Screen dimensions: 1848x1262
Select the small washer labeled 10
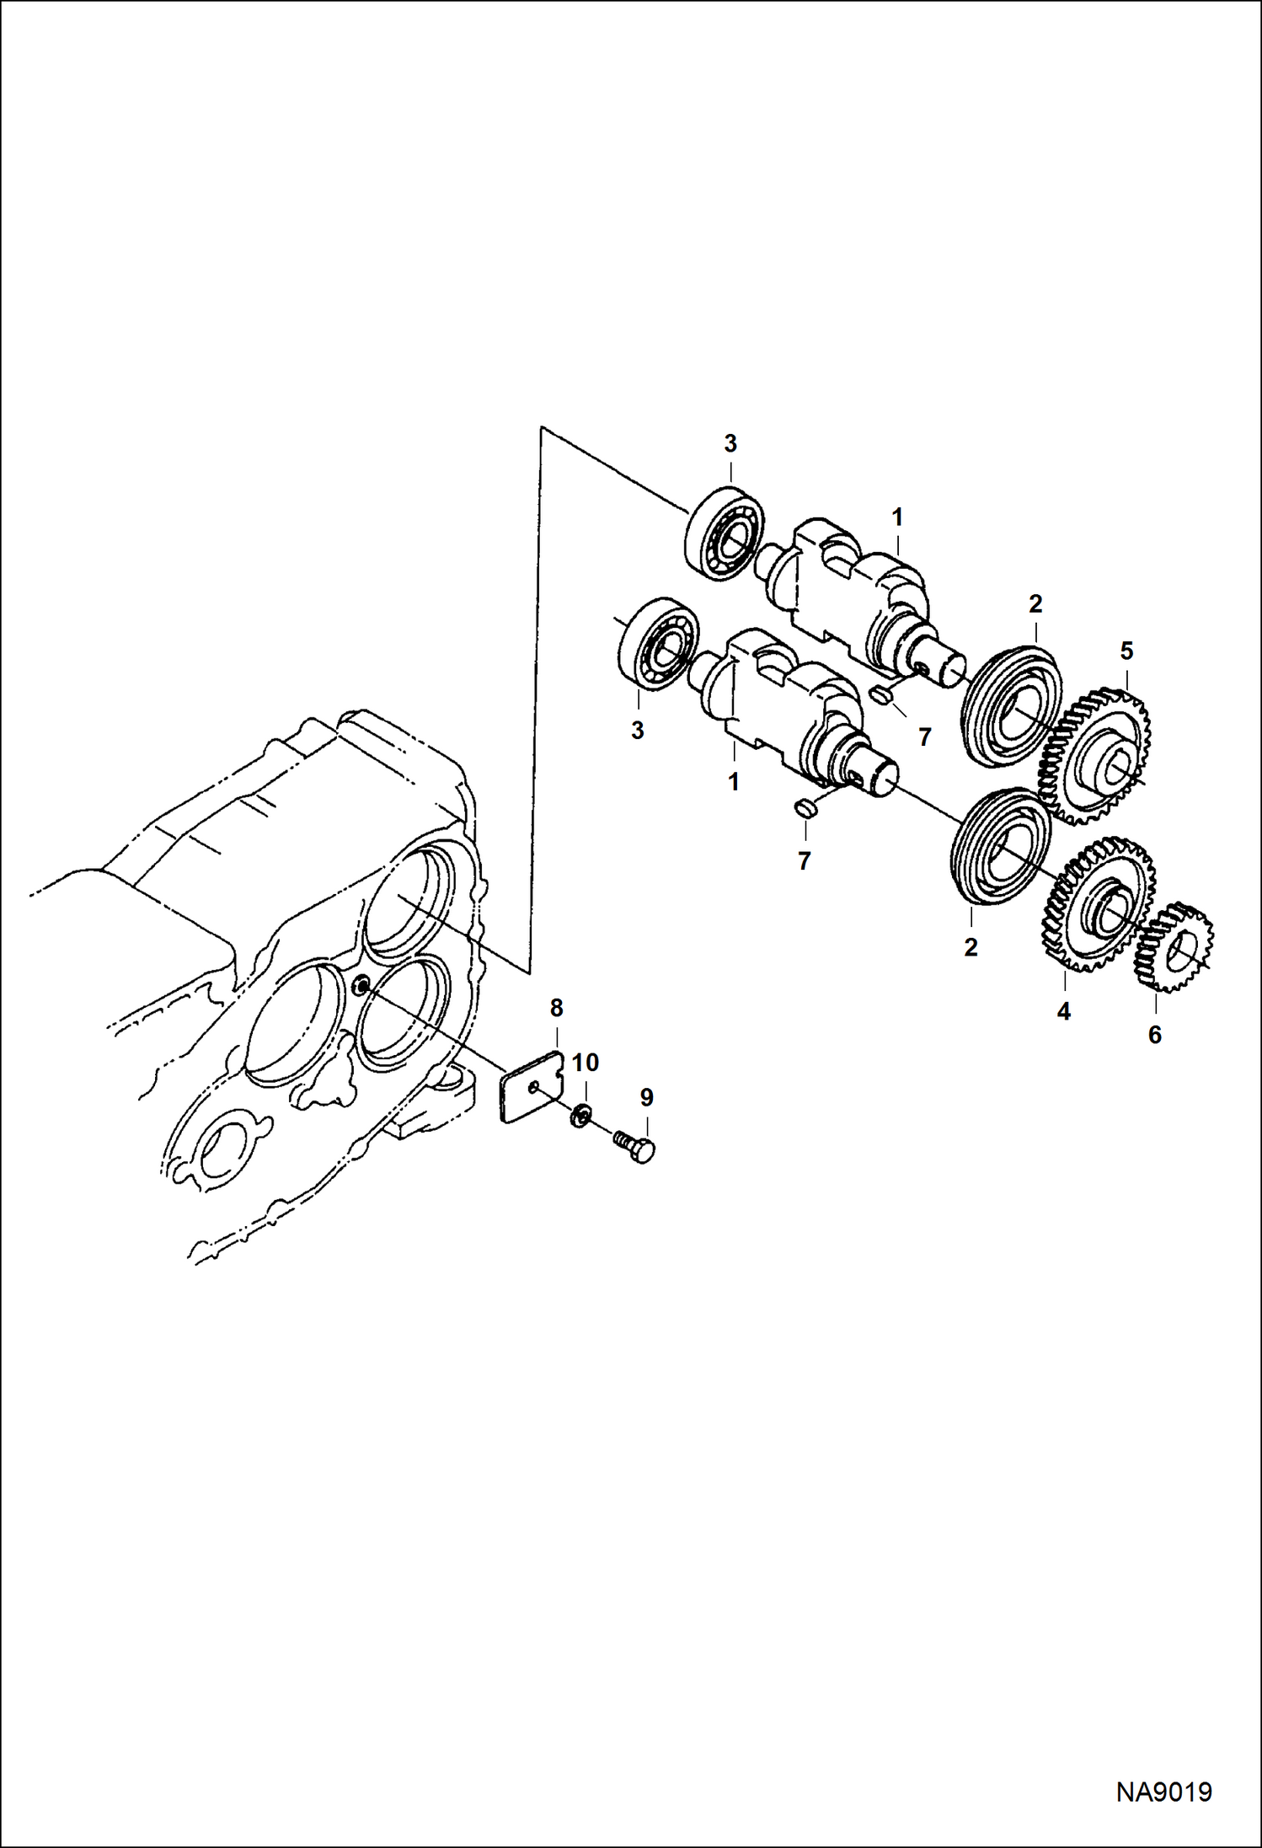point(579,1117)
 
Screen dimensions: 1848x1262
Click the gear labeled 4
point(1098,903)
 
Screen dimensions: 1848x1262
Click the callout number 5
point(1126,651)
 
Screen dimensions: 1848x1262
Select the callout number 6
point(1154,1034)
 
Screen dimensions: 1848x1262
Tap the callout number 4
point(1063,1011)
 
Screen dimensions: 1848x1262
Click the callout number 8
point(556,1007)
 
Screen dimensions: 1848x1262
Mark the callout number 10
point(586,1063)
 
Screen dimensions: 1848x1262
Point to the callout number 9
point(646,1097)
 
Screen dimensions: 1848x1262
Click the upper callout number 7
point(925,737)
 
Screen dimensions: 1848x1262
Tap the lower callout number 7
point(804,860)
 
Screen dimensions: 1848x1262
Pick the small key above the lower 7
point(805,809)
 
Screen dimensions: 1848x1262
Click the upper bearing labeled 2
point(1011,706)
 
